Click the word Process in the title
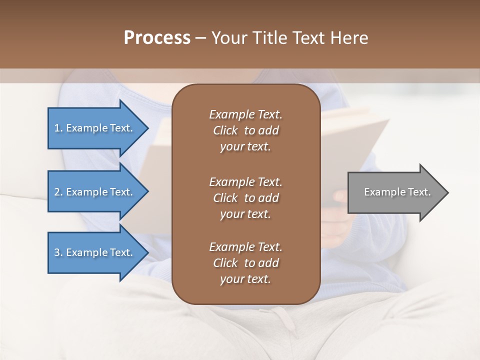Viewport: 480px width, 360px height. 157,38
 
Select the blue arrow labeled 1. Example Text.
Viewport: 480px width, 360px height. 95,128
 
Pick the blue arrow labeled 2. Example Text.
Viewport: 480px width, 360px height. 95,192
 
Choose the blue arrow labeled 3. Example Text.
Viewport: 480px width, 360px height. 95,252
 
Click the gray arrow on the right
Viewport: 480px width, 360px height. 395,192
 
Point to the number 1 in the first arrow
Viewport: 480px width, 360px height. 57,128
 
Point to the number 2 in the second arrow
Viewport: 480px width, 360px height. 57,192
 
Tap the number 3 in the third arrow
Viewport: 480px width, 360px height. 57,252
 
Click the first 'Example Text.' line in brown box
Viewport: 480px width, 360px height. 245,114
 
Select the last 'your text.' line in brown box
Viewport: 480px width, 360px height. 245,279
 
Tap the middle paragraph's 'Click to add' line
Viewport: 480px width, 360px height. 245,198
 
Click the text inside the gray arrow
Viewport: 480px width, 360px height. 397,192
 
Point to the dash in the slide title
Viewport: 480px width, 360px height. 200,38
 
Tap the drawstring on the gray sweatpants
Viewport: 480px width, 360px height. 280,317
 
